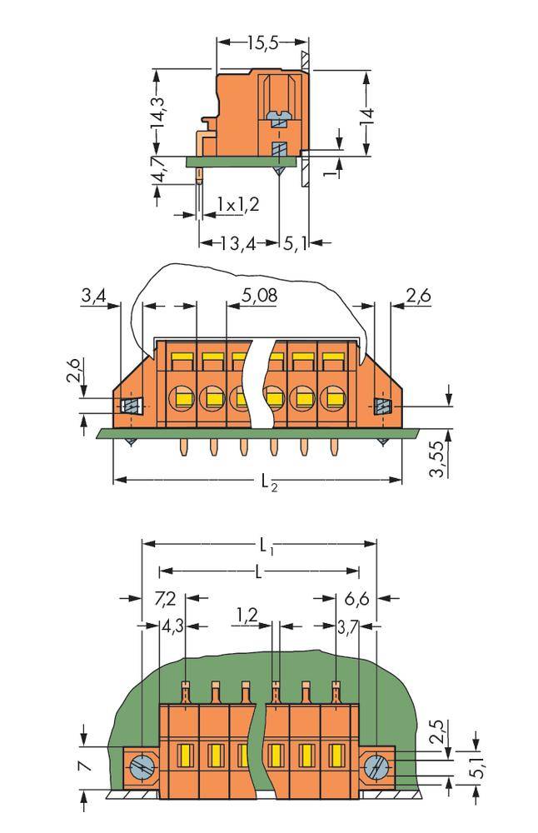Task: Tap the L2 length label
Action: click(x=268, y=481)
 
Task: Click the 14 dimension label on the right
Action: click(x=366, y=115)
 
